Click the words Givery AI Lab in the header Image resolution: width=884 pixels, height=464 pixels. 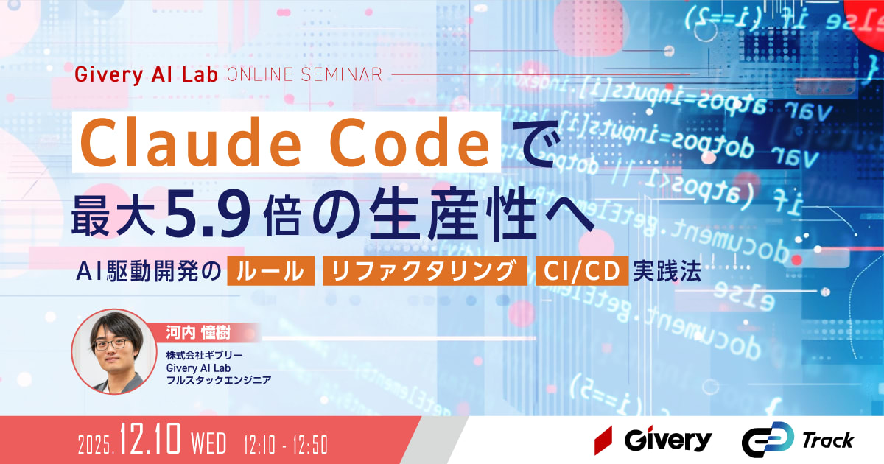(147, 75)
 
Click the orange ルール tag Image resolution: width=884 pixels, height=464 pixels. (270, 271)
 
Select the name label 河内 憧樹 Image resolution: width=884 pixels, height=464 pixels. (197, 334)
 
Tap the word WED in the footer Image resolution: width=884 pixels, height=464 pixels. (208, 444)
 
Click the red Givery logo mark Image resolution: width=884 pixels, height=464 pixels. (604, 440)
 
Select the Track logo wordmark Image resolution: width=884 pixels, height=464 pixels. (827, 440)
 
